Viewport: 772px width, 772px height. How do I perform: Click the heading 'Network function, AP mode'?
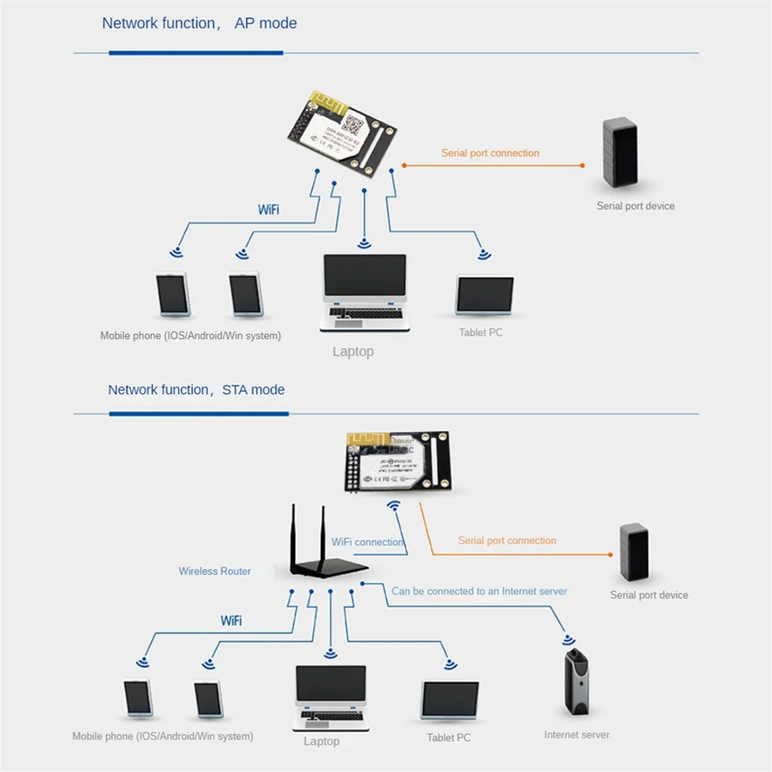tap(199, 24)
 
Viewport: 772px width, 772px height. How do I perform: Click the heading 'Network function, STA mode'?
tap(196, 390)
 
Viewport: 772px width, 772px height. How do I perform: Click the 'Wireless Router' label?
tap(214, 571)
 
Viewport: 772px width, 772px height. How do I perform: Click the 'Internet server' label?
tap(576, 735)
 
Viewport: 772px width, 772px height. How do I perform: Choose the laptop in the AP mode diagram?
tap(365, 293)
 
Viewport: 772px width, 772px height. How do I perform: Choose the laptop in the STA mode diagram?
tap(331, 698)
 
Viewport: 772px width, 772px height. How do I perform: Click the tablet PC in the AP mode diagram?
tap(485, 296)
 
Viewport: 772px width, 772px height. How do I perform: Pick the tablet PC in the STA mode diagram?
tap(450, 701)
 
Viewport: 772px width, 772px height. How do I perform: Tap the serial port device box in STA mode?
tap(634, 552)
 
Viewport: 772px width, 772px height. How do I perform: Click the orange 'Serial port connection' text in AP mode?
tap(490, 153)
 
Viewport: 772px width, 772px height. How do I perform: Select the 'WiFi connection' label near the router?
tap(367, 542)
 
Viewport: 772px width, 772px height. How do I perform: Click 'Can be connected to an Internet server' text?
tap(479, 591)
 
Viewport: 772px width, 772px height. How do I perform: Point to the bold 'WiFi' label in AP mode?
tap(268, 210)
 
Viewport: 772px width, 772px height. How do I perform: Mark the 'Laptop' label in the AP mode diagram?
tap(353, 352)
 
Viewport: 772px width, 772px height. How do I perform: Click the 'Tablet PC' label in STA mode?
tap(448, 738)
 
